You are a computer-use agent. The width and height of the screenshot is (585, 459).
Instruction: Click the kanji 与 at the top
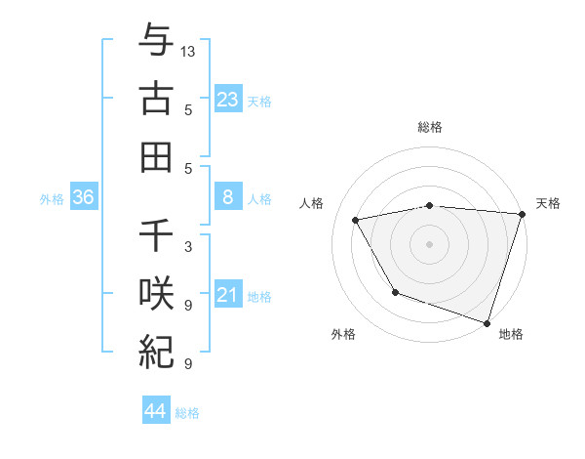click(156, 42)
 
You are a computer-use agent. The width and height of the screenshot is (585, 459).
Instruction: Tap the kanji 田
click(156, 157)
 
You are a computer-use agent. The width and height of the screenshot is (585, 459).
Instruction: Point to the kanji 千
click(156, 237)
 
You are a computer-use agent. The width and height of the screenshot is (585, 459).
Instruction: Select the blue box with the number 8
click(227, 197)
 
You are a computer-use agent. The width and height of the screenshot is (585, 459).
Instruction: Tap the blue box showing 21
click(227, 295)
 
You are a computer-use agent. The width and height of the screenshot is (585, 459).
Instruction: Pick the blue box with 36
click(84, 197)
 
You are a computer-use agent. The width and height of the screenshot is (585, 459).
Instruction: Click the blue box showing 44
click(155, 411)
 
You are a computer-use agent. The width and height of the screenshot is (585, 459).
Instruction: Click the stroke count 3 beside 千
click(188, 246)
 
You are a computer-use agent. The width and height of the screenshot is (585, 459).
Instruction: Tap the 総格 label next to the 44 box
click(187, 413)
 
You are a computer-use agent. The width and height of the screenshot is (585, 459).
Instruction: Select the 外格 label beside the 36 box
click(52, 199)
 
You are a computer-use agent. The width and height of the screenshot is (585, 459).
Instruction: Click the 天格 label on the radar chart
click(548, 203)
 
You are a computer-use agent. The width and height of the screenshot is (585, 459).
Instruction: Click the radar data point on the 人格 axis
click(356, 221)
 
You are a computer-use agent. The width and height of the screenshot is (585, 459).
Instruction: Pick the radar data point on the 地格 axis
click(487, 322)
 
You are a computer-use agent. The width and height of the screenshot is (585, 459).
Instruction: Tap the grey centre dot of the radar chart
click(429, 243)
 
